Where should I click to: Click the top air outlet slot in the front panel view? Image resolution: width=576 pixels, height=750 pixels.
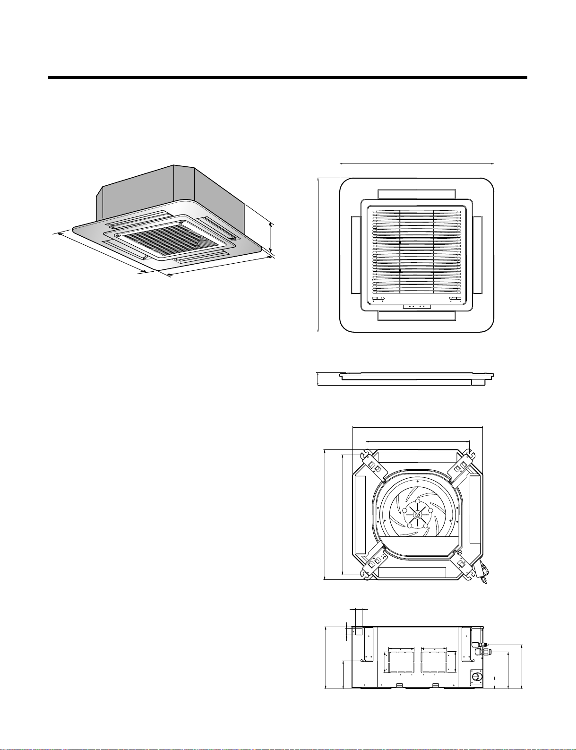417,194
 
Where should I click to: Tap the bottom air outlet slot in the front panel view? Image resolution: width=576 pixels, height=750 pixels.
417,316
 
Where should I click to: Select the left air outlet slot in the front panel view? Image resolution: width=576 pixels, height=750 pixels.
354,254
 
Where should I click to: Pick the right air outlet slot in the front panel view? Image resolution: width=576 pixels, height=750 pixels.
478,254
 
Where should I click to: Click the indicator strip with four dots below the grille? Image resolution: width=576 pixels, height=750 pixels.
417,306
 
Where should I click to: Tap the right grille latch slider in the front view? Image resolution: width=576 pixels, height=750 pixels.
455,299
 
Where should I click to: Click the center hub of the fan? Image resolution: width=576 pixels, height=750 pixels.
416,514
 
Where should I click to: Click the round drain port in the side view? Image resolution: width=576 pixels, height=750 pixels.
476,677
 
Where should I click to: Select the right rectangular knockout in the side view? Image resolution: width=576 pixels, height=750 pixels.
434,662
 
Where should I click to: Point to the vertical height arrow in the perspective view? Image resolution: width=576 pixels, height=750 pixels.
270,237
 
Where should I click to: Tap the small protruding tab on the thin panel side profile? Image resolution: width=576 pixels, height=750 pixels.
478,382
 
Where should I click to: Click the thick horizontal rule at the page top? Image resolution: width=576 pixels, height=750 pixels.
287,78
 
